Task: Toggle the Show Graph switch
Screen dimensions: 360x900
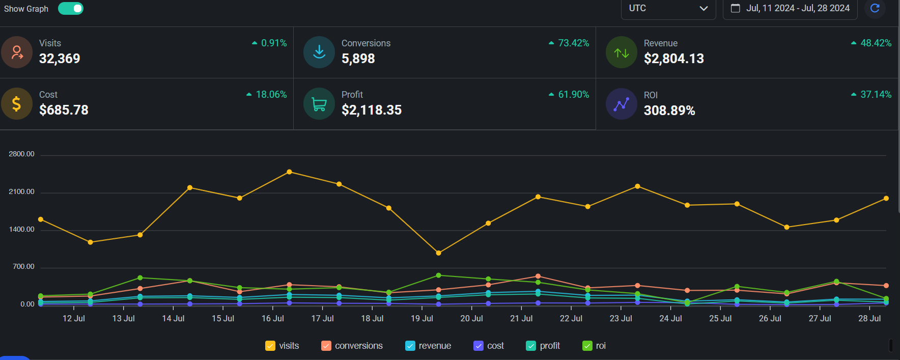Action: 71,9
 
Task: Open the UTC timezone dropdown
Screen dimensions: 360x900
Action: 668,9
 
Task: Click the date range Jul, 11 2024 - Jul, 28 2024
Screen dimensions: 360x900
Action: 791,9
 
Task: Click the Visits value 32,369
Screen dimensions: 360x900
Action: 60,59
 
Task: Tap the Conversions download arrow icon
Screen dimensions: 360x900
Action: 319,52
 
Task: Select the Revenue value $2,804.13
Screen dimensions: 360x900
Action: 673,59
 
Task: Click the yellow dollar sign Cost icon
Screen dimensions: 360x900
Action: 17,104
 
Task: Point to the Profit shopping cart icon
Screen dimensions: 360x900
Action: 319,104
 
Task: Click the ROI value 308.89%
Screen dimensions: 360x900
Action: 669,110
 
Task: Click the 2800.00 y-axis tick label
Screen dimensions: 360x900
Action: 21,154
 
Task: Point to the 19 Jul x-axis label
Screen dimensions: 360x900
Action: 421,319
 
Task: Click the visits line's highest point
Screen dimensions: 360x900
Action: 289,172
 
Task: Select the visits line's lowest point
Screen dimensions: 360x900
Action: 439,253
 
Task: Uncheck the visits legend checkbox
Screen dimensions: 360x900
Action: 270,346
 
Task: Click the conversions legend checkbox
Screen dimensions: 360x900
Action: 326,346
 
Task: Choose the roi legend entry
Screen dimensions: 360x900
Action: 595,346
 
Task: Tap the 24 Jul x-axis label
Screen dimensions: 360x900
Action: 670,319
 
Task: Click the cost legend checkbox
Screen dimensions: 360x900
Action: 479,346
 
